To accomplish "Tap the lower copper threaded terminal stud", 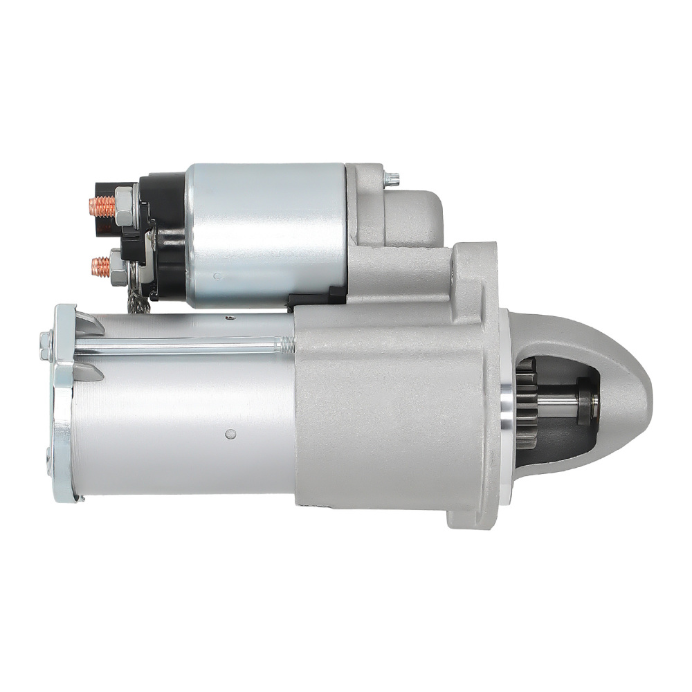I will pyautogui.click(x=101, y=266).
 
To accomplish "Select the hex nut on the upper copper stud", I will pyautogui.click(x=124, y=206).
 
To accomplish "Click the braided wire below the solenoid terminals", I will pyautogui.click(x=138, y=300).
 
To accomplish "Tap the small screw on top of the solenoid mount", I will pyautogui.click(x=392, y=179).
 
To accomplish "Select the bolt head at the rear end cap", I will pyautogui.click(x=46, y=344).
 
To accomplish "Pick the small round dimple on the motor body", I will pyautogui.click(x=230, y=434).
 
